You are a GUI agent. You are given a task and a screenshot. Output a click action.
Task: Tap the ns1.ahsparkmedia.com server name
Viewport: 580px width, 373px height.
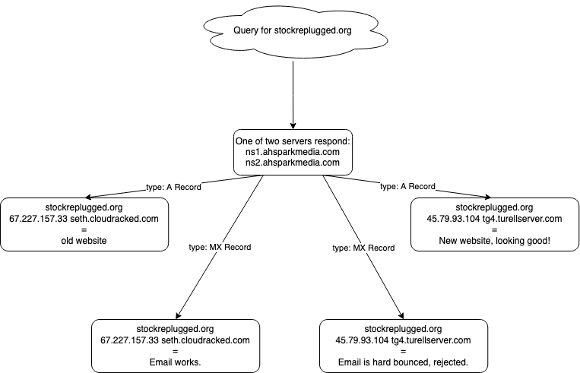point(288,152)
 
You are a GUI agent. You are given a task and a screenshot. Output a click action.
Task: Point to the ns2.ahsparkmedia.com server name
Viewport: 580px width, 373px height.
point(288,163)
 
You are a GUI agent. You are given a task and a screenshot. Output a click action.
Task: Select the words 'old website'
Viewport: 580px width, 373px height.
point(84,241)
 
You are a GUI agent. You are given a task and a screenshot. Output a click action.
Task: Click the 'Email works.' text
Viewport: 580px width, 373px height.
point(175,362)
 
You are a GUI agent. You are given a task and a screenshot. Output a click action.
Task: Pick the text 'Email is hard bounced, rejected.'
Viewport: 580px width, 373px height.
point(403,362)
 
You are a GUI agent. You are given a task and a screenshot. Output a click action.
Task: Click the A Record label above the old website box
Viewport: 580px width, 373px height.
point(173,186)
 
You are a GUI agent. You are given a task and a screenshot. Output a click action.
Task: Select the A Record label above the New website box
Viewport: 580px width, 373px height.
point(407,186)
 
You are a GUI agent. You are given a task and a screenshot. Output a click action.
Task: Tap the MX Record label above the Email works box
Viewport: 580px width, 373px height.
point(220,247)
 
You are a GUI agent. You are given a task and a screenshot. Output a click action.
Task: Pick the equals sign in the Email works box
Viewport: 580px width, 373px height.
point(175,351)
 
